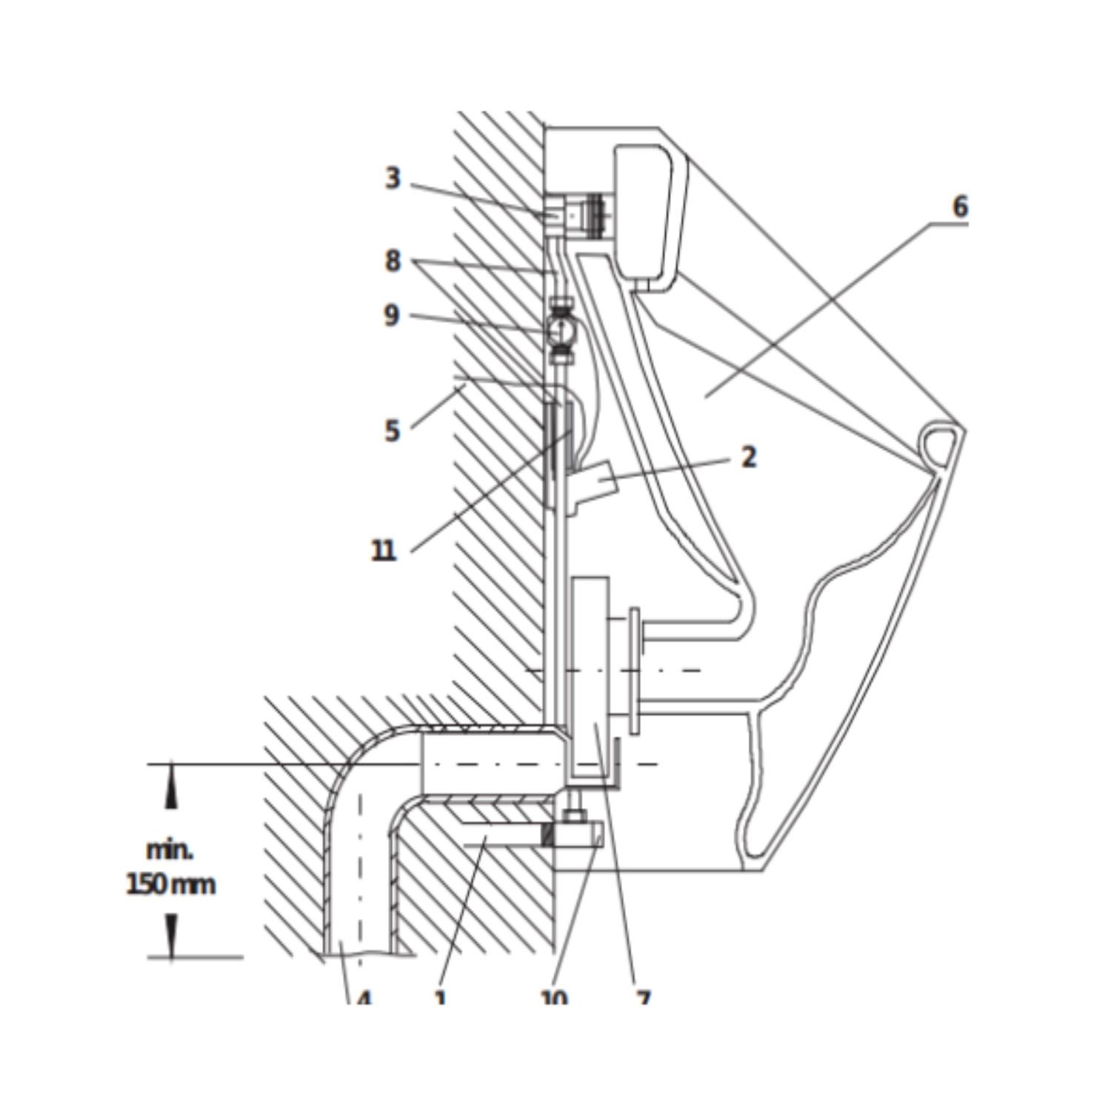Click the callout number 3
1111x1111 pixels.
[x=393, y=179]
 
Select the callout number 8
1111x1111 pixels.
[x=393, y=261]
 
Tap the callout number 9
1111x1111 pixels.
[x=392, y=316]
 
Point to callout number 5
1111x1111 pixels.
[x=393, y=430]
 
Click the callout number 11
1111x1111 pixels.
[x=384, y=550]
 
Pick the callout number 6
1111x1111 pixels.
[x=960, y=207]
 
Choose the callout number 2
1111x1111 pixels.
[x=749, y=457]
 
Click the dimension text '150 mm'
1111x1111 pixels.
[x=171, y=884]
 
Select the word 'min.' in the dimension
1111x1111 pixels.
[x=170, y=850]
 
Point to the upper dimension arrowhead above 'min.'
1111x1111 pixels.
[x=171, y=785]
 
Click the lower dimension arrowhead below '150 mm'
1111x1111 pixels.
[x=171, y=936]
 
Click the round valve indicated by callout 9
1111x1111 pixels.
[x=564, y=330]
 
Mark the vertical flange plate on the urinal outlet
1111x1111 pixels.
[x=635, y=670]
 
